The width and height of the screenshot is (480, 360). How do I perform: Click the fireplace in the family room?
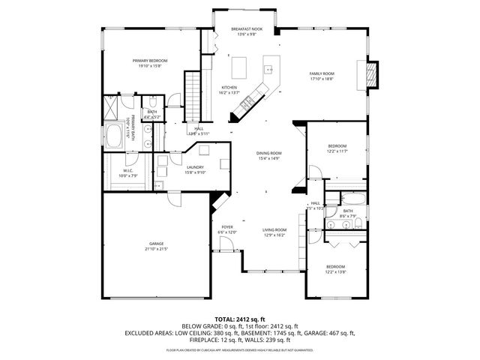click(x=368, y=73)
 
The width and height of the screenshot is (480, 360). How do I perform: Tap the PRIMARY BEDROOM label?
click(x=150, y=60)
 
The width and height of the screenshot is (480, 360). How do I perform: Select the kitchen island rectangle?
click(x=241, y=67)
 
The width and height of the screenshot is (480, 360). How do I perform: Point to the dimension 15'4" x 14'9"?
click(x=268, y=158)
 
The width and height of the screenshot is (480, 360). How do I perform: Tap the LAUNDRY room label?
click(x=196, y=167)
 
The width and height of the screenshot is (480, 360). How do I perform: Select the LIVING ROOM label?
click(x=274, y=229)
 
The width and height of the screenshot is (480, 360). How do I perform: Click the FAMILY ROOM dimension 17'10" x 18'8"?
click(x=322, y=79)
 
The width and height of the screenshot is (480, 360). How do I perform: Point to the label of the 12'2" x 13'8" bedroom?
click(x=335, y=267)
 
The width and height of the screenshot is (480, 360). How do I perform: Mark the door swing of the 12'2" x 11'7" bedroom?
click(x=314, y=172)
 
